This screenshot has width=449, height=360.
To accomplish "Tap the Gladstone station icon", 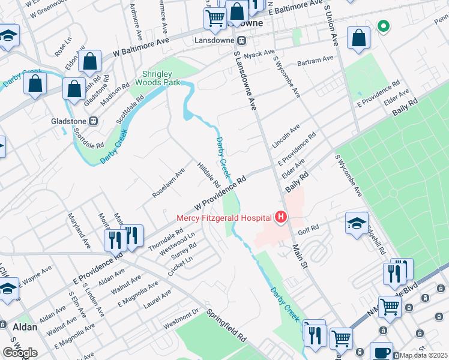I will point(93,121).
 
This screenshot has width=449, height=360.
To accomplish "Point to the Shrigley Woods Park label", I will point(157,77).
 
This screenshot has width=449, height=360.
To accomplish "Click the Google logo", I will point(20,353).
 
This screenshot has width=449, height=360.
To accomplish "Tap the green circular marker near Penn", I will point(382,26).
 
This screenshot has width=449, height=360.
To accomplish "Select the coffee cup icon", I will point(381,352).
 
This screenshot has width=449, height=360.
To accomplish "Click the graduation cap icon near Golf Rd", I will point(357,223).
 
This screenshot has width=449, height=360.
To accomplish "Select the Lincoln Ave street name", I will point(286,137).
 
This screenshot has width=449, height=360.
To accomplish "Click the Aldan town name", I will point(25,327).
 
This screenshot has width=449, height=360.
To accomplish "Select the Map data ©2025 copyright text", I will point(423,355).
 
